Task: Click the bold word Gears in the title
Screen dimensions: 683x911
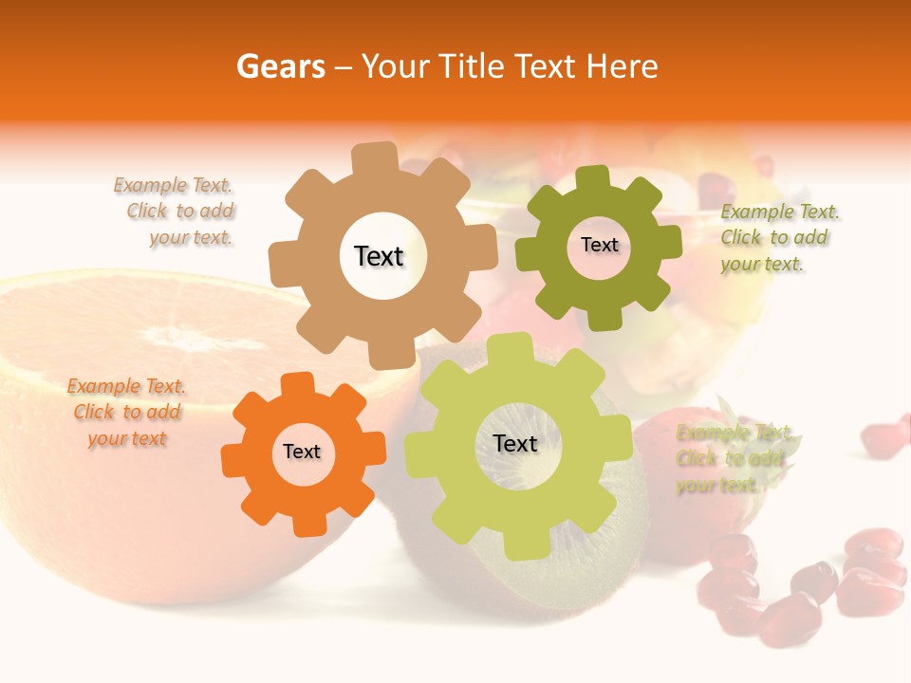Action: point(280,67)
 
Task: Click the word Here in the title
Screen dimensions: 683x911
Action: point(623,67)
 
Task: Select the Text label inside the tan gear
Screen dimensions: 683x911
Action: point(379,256)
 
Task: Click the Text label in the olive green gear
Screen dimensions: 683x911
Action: point(599,245)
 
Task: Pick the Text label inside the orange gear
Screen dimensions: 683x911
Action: point(302,452)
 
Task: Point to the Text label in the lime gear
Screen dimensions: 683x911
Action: point(515,443)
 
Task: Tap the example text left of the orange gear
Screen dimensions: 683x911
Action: point(127,413)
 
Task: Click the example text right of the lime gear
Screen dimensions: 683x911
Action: point(734,459)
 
